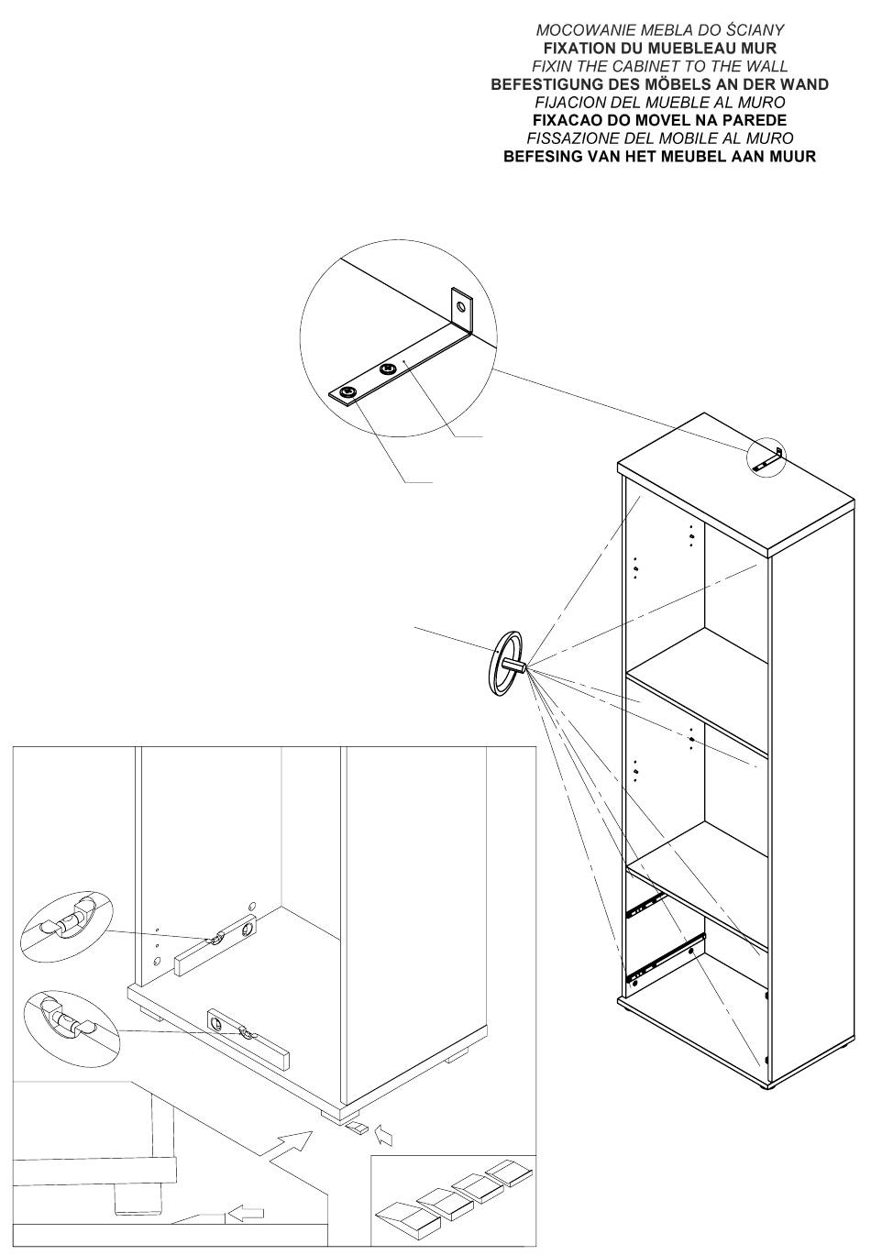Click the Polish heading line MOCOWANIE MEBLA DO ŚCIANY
pos(659,30)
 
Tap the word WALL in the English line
pos(765,66)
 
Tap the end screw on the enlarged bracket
pos(347,393)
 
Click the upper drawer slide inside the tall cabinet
pos(645,903)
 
